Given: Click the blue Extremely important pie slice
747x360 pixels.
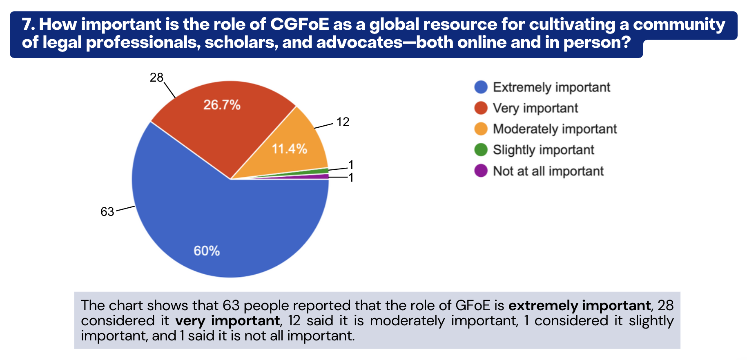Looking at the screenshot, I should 212,220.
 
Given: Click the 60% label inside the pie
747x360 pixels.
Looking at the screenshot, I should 207,251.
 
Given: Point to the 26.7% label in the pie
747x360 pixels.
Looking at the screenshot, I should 222,105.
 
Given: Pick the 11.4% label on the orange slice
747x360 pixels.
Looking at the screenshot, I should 290,149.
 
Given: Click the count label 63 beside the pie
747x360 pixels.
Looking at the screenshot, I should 107,212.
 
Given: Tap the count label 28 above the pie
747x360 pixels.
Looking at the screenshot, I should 156,78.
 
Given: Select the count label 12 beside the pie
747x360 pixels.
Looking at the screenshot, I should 343,122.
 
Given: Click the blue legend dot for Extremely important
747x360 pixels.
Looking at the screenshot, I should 481,87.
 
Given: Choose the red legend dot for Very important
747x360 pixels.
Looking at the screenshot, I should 481,108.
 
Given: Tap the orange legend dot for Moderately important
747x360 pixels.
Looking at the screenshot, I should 481,129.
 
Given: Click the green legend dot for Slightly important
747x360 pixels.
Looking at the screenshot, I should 481,150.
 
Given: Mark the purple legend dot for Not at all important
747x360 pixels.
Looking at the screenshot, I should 481,171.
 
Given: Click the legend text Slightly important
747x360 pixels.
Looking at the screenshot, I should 543,150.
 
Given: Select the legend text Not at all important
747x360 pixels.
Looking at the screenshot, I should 548,171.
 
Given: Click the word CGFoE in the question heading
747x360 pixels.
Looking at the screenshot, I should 299,24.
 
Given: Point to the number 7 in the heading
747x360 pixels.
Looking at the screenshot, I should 27,25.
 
